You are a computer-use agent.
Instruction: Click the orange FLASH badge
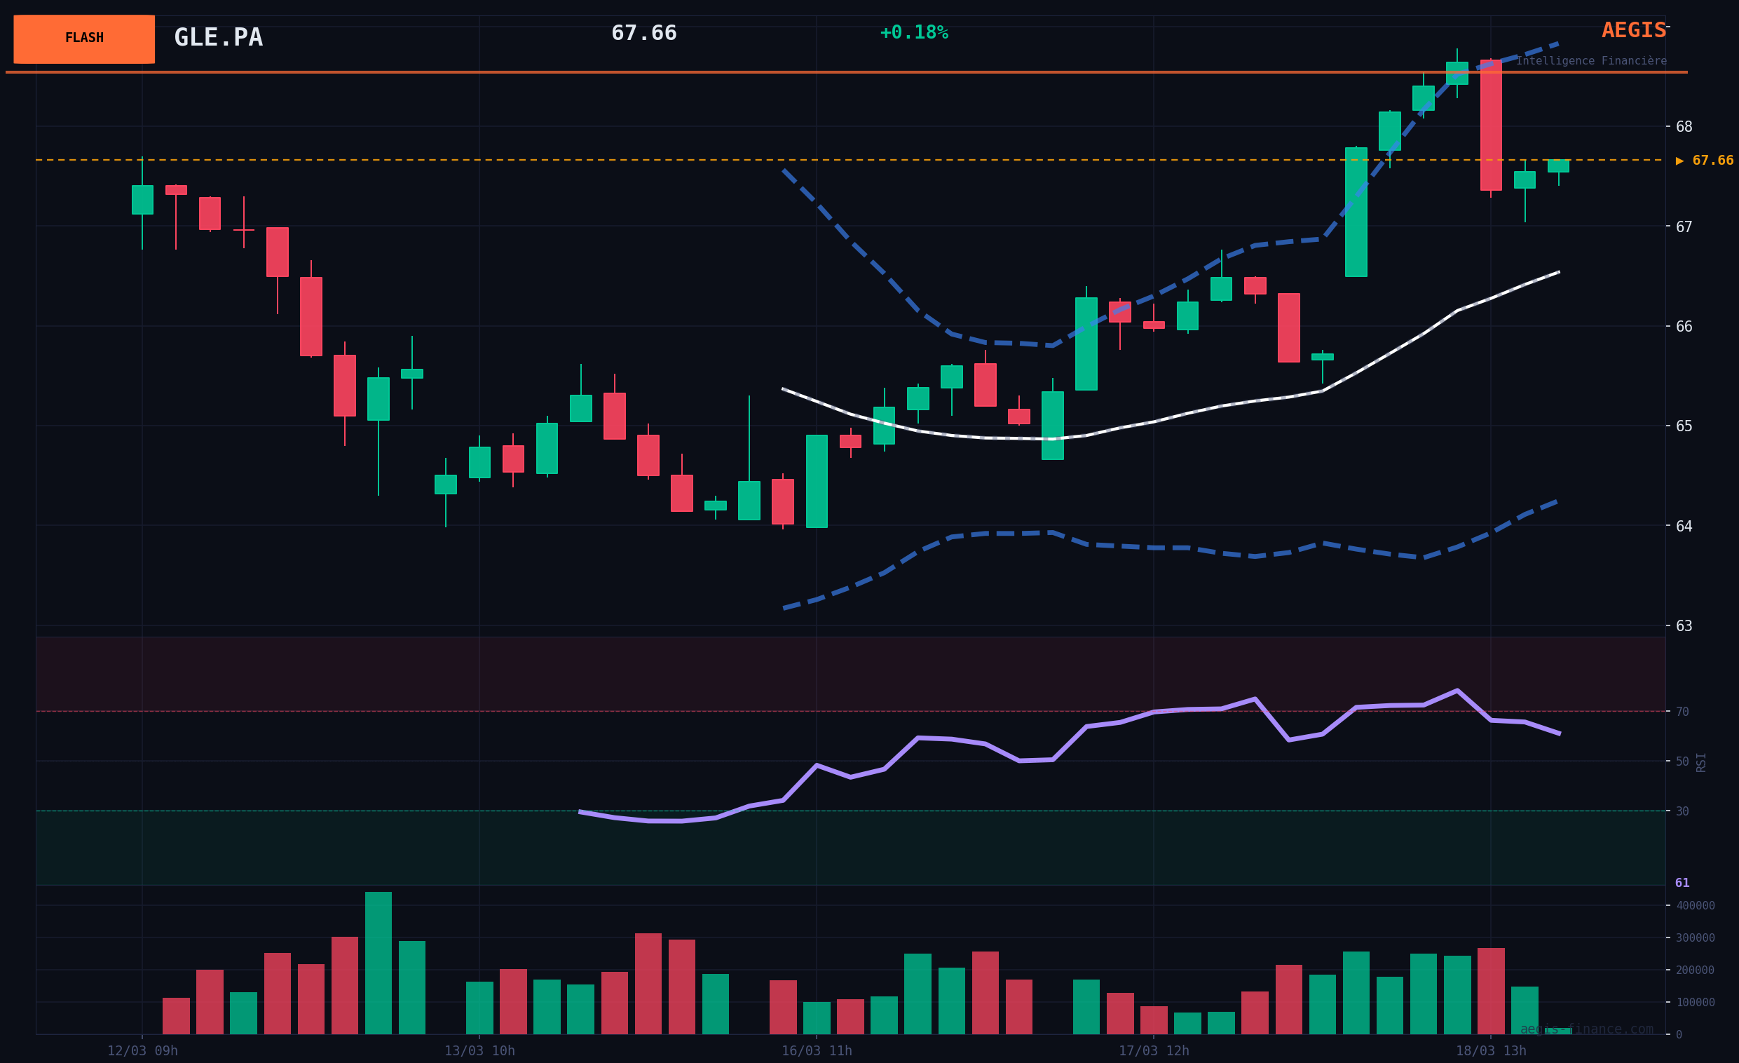[x=84, y=39]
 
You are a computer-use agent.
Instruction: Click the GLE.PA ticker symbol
[x=218, y=37]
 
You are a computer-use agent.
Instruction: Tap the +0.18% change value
[x=914, y=32]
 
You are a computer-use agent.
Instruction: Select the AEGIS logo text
[x=1633, y=30]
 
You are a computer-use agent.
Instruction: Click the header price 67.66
[x=643, y=33]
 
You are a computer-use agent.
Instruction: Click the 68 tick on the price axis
[x=1684, y=127]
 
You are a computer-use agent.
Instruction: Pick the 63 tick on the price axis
[x=1684, y=626]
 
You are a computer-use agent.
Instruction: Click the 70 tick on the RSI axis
[x=1682, y=712]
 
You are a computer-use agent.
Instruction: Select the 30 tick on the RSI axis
[x=1682, y=812]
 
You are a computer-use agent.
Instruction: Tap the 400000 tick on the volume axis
[x=1695, y=906]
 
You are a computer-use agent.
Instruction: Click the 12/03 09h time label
[x=142, y=1051]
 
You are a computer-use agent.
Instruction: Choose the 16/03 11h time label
[x=817, y=1051]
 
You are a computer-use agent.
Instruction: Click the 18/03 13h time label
[x=1491, y=1051]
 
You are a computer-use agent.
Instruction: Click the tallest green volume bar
[x=379, y=963]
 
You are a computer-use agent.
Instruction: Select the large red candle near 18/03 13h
[x=1491, y=125]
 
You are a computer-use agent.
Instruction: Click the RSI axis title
[x=1701, y=762]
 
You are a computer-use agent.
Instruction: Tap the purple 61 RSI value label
[x=1682, y=883]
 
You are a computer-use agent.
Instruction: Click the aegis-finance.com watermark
[x=1587, y=1029]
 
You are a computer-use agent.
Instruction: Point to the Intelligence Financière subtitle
[x=1591, y=62]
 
